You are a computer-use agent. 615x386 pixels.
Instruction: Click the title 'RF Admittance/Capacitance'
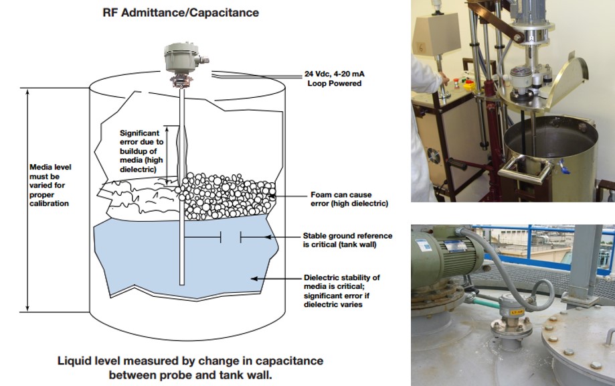point(181,13)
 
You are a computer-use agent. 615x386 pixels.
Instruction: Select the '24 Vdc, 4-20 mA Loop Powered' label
point(334,79)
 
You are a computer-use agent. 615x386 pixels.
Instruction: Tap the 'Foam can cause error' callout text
point(349,198)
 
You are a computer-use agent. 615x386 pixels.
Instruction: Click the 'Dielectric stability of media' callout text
point(342,291)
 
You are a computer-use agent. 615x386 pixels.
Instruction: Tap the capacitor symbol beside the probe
point(230,237)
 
